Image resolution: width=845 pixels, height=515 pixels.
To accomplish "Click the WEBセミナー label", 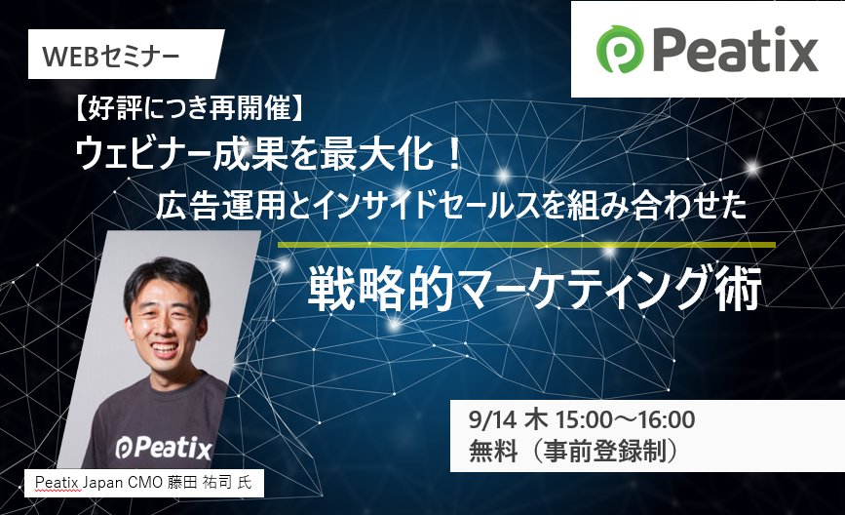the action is click(x=110, y=57).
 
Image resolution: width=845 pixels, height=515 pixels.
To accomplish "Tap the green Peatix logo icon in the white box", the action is click(x=620, y=49).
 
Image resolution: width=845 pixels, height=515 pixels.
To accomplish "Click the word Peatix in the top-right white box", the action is click(x=736, y=49).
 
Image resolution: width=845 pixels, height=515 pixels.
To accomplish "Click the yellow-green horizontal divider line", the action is click(x=526, y=246).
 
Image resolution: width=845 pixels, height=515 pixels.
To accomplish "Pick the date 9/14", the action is click(x=492, y=419).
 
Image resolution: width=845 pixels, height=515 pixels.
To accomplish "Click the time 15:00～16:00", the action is click(x=625, y=419).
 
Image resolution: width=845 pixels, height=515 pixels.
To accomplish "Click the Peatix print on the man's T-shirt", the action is click(x=164, y=447).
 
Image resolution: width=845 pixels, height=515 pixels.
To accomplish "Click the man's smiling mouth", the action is click(x=166, y=349).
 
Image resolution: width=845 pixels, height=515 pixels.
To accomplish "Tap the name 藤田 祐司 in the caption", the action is click(x=200, y=482).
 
